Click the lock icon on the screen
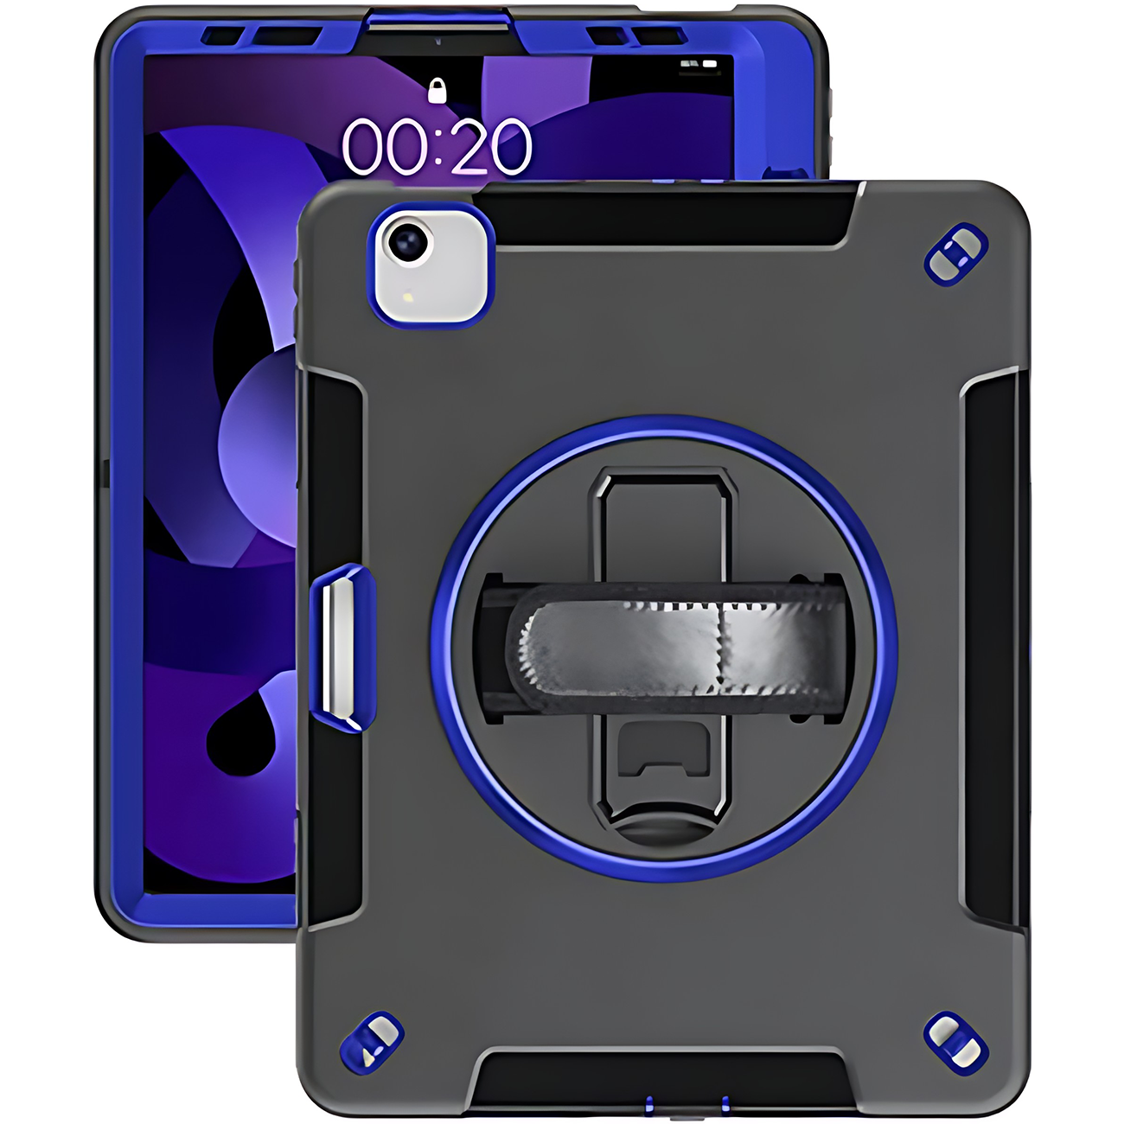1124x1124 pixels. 437,91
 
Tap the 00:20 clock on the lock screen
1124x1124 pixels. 437,146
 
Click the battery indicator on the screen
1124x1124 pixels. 709,64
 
